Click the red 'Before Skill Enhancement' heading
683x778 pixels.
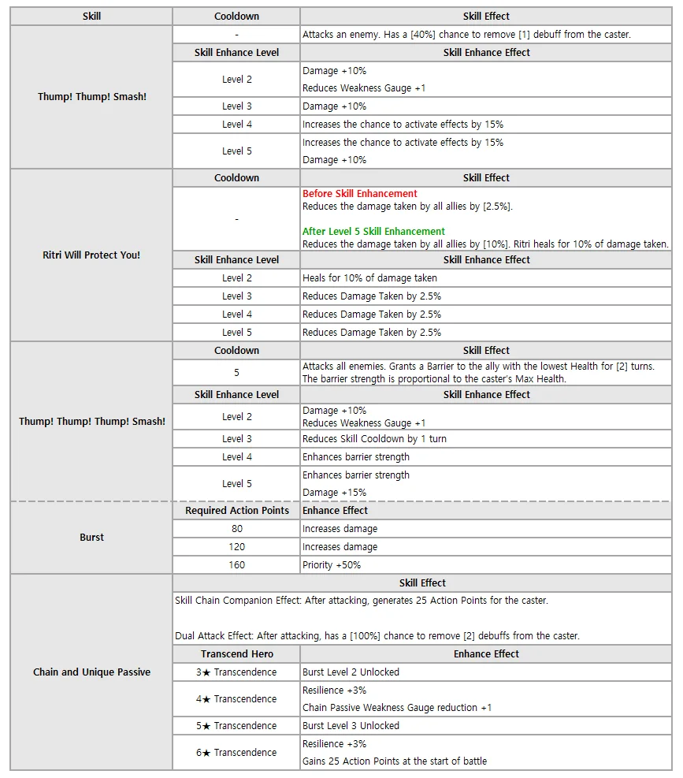point(359,193)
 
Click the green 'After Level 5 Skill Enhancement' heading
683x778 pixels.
point(373,231)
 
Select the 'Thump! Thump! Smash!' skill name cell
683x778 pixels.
point(92,97)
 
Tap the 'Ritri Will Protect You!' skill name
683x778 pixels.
point(91,255)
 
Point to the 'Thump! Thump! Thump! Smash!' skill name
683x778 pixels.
point(92,421)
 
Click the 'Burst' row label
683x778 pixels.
point(91,537)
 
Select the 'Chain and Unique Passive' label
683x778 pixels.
point(91,672)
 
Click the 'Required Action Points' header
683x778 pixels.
point(236,510)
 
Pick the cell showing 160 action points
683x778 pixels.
point(236,564)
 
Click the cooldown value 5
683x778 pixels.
point(236,372)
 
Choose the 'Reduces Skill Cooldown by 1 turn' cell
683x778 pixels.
point(374,438)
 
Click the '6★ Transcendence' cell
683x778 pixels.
point(236,752)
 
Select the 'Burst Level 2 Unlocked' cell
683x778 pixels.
point(351,672)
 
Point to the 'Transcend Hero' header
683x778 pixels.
point(236,653)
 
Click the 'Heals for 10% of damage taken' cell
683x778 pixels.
point(369,277)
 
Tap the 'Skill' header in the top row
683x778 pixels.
point(91,16)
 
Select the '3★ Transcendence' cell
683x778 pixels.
point(236,672)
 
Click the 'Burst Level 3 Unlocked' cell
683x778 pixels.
point(351,725)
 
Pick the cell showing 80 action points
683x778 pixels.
point(236,528)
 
